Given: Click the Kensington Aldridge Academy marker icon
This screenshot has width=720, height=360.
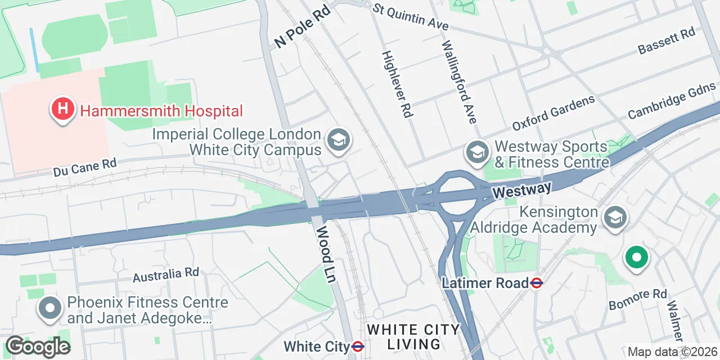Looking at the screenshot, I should (x=615, y=217).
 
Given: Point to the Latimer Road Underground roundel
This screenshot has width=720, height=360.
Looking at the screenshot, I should (x=537, y=283).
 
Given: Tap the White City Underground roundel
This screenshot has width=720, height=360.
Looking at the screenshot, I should (x=357, y=346).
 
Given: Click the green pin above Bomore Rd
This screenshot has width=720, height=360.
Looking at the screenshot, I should (x=637, y=259).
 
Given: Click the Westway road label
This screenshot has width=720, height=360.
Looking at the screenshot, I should (x=521, y=191).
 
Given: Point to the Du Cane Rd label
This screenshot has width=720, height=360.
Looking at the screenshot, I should (x=85, y=167).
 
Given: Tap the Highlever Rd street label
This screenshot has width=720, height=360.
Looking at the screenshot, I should (x=397, y=84).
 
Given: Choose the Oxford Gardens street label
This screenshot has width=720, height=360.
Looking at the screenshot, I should (x=553, y=113).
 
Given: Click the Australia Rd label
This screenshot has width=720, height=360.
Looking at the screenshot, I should (x=166, y=274).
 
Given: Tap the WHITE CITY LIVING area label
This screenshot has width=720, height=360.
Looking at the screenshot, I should (x=413, y=336).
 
